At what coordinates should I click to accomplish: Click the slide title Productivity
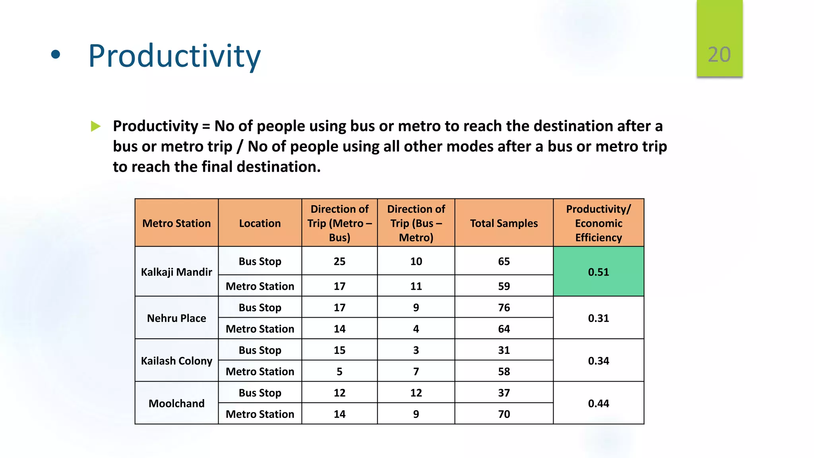[x=174, y=56]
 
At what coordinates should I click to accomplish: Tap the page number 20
[x=719, y=54]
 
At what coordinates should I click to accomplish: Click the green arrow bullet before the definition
[x=95, y=126]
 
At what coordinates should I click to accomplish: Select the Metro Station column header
[x=176, y=223]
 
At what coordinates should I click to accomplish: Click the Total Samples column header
[x=504, y=223]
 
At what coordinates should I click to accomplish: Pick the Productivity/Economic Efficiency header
[x=598, y=223]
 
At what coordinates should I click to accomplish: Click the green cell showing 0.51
[x=598, y=272]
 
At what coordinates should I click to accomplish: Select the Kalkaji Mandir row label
[x=176, y=272]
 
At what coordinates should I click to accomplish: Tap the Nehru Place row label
[x=176, y=318]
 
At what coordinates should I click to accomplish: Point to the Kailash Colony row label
[x=176, y=361]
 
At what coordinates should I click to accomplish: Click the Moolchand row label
[x=176, y=403]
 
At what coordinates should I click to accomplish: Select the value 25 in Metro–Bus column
[x=339, y=261]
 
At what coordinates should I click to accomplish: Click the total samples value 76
[x=504, y=307]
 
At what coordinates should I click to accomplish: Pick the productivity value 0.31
[x=598, y=318]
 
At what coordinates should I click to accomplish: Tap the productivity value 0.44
[x=598, y=403]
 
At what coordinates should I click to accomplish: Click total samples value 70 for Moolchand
[x=504, y=414]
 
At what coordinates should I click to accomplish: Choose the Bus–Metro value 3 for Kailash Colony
[x=416, y=350]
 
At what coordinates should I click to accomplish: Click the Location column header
[x=260, y=223]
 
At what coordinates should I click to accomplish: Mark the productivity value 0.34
[x=598, y=361]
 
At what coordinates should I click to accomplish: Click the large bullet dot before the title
[x=56, y=55]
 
